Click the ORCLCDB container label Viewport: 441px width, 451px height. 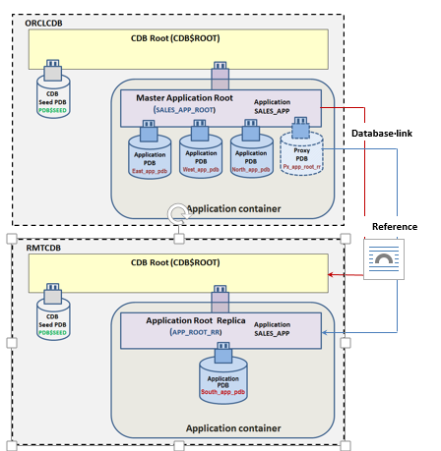pyautogui.click(x=40, y=22)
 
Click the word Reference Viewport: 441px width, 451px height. pyautogui.click(x=394, y=227)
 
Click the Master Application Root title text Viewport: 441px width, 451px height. pyautogui.click(x=179, y=98)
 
